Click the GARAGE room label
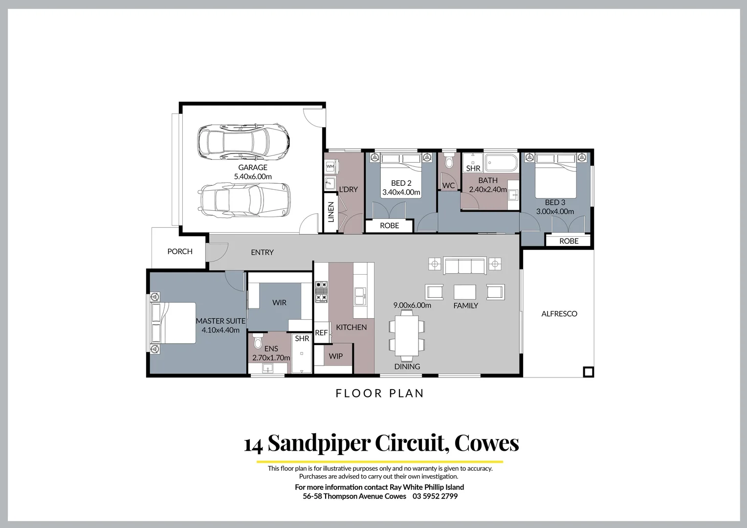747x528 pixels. pyautogui.click(x=252, y=168)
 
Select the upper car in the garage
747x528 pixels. pyautogui.click(x=243, y=142)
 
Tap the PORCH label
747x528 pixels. pyautogui.click(x=179, y=251)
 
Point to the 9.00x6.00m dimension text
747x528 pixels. pyautogui.click(x=412, y=305)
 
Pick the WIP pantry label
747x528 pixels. pyautogui.click(x=335, y=356)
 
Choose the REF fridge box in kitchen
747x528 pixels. pyautogui.click(x=321, y=333)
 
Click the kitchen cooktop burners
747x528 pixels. pyautogui.click(x=321, y=292)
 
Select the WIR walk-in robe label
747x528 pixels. pyautogui.click(x=279, y=303)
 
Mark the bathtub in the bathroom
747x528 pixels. pyautogui.click(x=501, y=162)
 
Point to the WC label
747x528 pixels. pyautogui.click(x=448, y=185)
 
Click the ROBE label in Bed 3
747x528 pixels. pyautogui.click(x=569, y=241)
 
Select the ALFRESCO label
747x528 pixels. pyautogui.click(x=559, y=314)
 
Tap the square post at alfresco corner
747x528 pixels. pyautogui.click(x=589, y=372)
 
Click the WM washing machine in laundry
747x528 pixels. pyautogui.click(x=330, y=167)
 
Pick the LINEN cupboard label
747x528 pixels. pyautogui.click(x=331, y=213)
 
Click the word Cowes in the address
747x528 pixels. pyautogui.click(x=486, y=443)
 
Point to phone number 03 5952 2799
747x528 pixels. pyautogui.click(x=435, y=496)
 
